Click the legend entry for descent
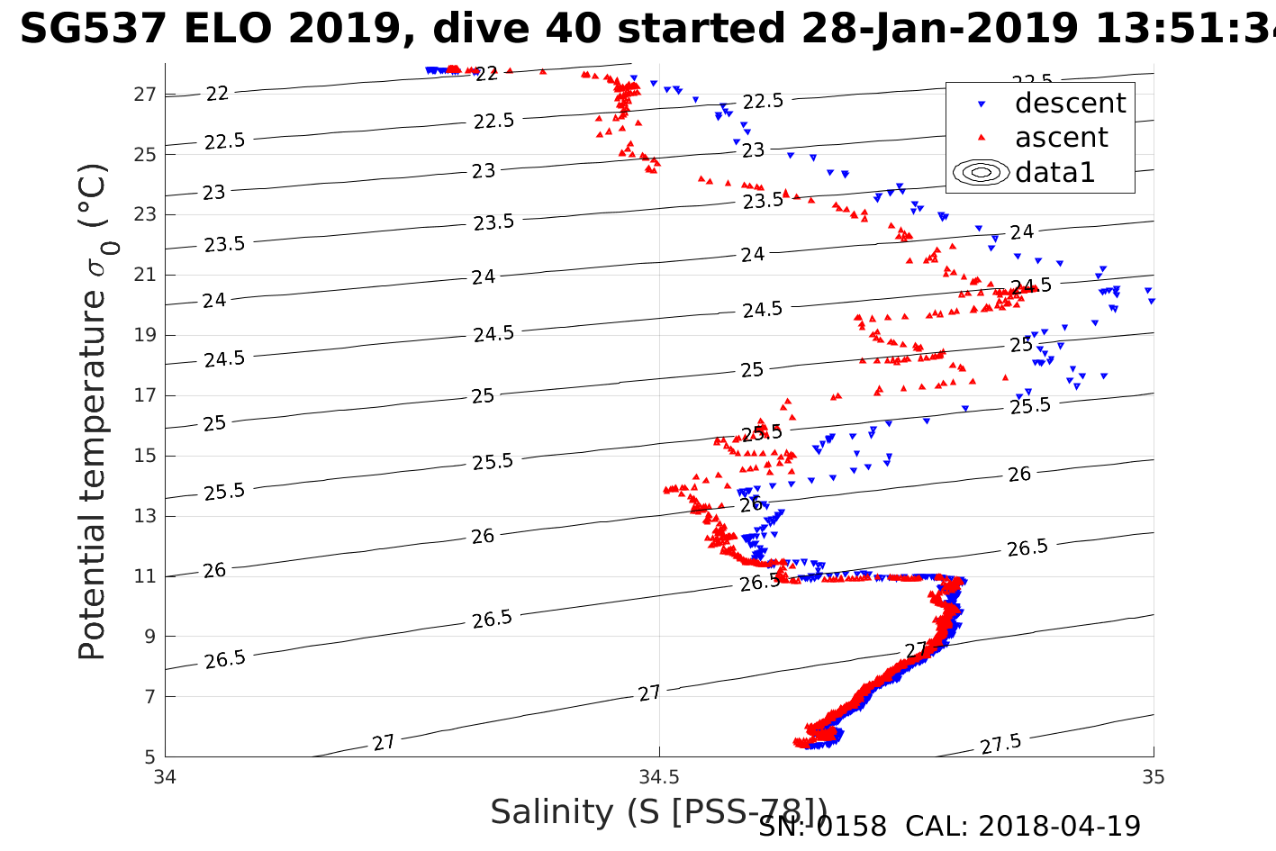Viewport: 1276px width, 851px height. click(x=1070, y=104)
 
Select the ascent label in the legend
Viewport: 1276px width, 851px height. click(x=1061, y=138)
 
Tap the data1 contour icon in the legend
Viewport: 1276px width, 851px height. click(x=982, y=172)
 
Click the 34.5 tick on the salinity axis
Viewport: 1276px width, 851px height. click(x=659, y=776)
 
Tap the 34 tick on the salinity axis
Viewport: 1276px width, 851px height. click(x=166, y=776)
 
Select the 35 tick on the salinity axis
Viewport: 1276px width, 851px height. click(x=1153, y=776)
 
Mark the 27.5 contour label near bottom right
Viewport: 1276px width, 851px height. click(x=1000, y=745)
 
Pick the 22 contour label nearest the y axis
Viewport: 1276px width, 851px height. click(x=217, y=93)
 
